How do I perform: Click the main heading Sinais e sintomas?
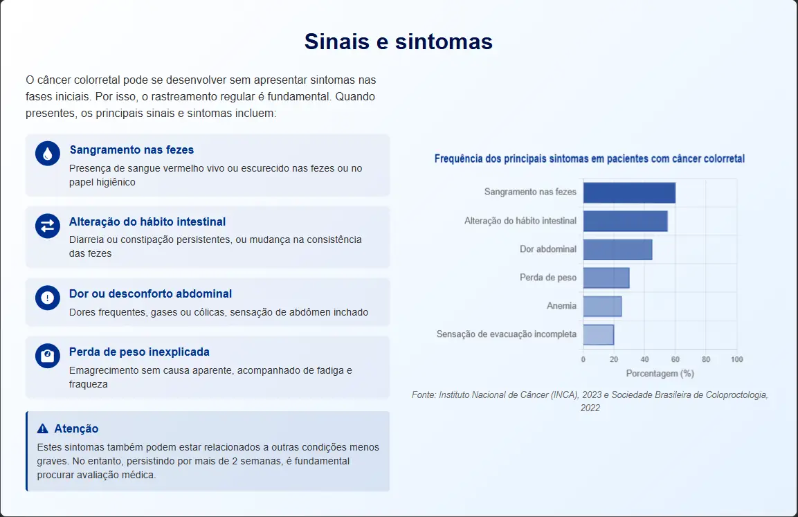[x=399, y=42]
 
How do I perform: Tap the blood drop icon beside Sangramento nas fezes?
[x=47, y=153]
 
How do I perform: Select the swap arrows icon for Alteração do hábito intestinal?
[x=47, y=226]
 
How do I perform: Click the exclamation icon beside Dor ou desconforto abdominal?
[x=47, y=298]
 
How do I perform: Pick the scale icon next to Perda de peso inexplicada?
[x=47, y=356]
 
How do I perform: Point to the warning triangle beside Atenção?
[x=43, y=428]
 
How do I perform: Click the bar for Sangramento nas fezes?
[x=630, y=193]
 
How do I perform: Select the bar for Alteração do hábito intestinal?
[x=626, y=221]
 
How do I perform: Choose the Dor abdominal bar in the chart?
[x=618, y=249]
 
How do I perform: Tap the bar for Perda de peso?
[x=606, y=278]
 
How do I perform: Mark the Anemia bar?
[x=603, y=307]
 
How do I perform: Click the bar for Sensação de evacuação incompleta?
[x=599, y=335]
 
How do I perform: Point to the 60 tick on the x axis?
[x=675, y=359]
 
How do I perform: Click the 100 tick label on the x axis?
[x=736, y=359]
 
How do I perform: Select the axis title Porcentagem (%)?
[x=660, y=374]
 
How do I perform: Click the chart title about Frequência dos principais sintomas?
[x=590, y=158]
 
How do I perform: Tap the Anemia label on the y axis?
[x=561, y=306]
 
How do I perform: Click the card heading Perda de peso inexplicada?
[x=139, y=352]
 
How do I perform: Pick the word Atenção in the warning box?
[x=76, y=428]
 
